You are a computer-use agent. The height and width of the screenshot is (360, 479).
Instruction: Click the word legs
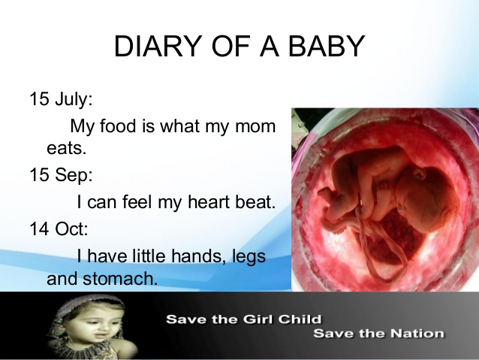249,256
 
